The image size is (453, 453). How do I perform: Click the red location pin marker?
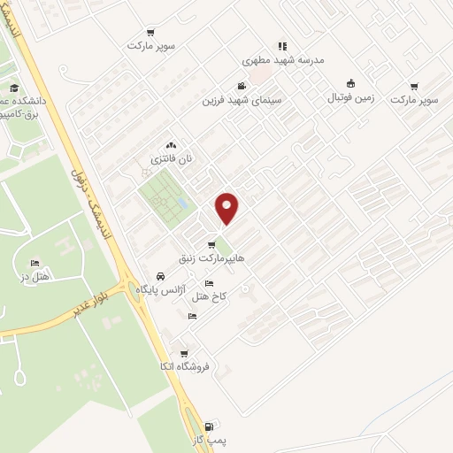[x=227, y=208]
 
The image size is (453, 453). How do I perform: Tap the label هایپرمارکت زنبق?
[x=222, y=258]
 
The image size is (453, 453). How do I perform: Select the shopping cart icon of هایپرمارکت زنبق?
[x=211, y=245]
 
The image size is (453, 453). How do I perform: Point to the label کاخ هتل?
[x=210, y=296]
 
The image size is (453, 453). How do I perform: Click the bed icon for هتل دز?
[x=35, y=263]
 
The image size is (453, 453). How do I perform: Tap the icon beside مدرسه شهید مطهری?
[x=282, y=46]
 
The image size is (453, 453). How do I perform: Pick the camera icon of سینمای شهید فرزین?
[x=241, y=87]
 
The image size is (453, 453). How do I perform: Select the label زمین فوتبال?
[x=352, y=99]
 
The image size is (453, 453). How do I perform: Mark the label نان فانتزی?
[x=171, y=159]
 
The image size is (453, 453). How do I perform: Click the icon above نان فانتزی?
[x=171, y=145]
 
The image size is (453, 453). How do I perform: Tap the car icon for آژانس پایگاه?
[x=159, y=275]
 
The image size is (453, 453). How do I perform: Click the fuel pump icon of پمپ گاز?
[x=208, y=426]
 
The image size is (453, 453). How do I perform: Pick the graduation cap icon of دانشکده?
[x=14, y=88]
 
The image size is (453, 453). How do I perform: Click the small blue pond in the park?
[x=181, y=203]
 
